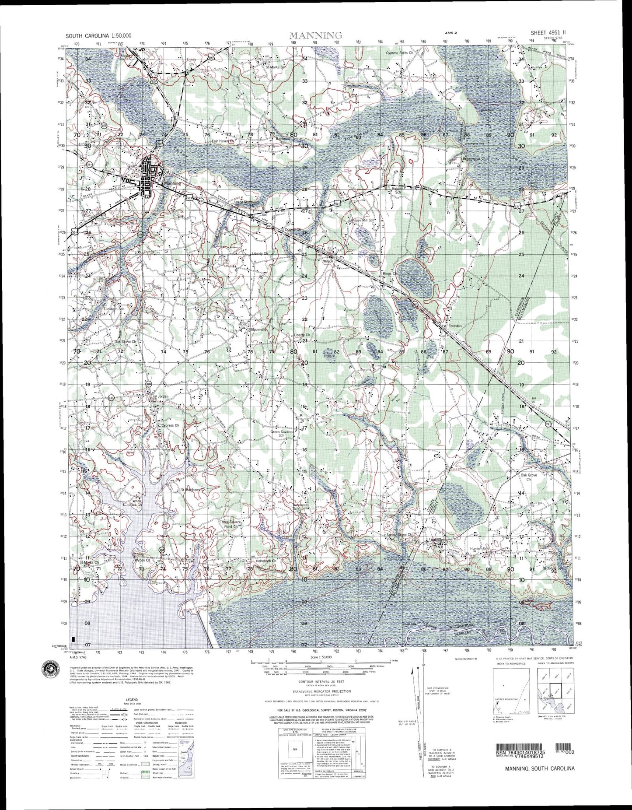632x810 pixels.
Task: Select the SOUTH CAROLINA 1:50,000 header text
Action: pos(98,36)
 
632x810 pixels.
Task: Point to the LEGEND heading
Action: pos(132,699)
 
